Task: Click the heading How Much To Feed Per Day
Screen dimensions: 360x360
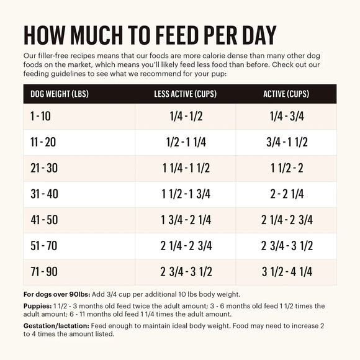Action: pyautogui.click(x=150, y=36)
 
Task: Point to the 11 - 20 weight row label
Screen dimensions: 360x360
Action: pyautogui.click(x=43, y=142)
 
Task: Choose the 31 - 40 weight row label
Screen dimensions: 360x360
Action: pyautogui.click(x=43, y=194)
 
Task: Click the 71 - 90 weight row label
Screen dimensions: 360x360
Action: pyautogui.click(x=43, y=271)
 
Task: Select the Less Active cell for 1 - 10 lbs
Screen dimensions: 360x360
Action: pyautogui.click(x=185, y=116)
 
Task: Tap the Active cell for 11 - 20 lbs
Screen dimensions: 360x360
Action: pyautogui.click(x=286, y=142)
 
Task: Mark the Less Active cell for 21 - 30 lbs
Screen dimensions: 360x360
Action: pyautogui.click(x=185, y=168)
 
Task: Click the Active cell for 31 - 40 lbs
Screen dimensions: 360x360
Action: pyautogui.click(x=286, y=194)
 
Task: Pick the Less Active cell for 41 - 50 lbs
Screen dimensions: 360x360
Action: pyautogui.click(x=185, y=220)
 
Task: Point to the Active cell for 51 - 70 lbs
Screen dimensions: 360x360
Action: pyautogui.click(x=286, y=246)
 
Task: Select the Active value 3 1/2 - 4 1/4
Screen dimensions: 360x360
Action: pyautogui.click(x=286, y=271)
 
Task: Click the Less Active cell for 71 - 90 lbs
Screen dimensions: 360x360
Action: pyautogui.click(x=185, y=271)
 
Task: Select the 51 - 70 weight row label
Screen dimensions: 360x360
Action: pyautogui.click(x=43, y=246)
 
